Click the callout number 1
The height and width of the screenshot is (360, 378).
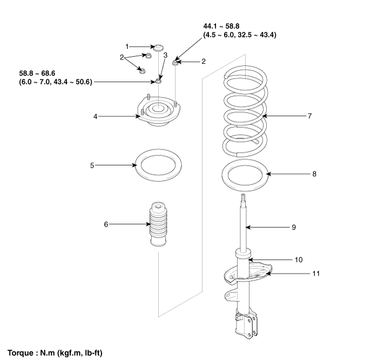(127, 46)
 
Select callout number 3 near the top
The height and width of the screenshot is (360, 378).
(165, 55)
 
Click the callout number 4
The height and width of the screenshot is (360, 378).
(96, 117)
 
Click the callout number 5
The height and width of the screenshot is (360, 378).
(92, 166)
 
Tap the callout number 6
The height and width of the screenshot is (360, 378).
(106, 225)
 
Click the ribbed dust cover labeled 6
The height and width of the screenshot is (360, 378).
(159, 225)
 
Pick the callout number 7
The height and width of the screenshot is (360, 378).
(310, 116)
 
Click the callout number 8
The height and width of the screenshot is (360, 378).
(314, 174)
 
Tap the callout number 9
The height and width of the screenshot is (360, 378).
(294, 227)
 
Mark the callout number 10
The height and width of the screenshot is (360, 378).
(299, 260)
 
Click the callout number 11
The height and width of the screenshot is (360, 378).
(316, 274)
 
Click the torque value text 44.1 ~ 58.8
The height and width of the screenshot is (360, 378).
(221, 26)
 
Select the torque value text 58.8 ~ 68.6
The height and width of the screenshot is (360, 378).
(37, 73)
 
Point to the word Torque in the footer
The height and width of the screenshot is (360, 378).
(21, 353)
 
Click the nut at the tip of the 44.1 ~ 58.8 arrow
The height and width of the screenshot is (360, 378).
(175, 63)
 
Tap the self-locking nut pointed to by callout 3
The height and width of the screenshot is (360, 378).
(158, 81)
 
